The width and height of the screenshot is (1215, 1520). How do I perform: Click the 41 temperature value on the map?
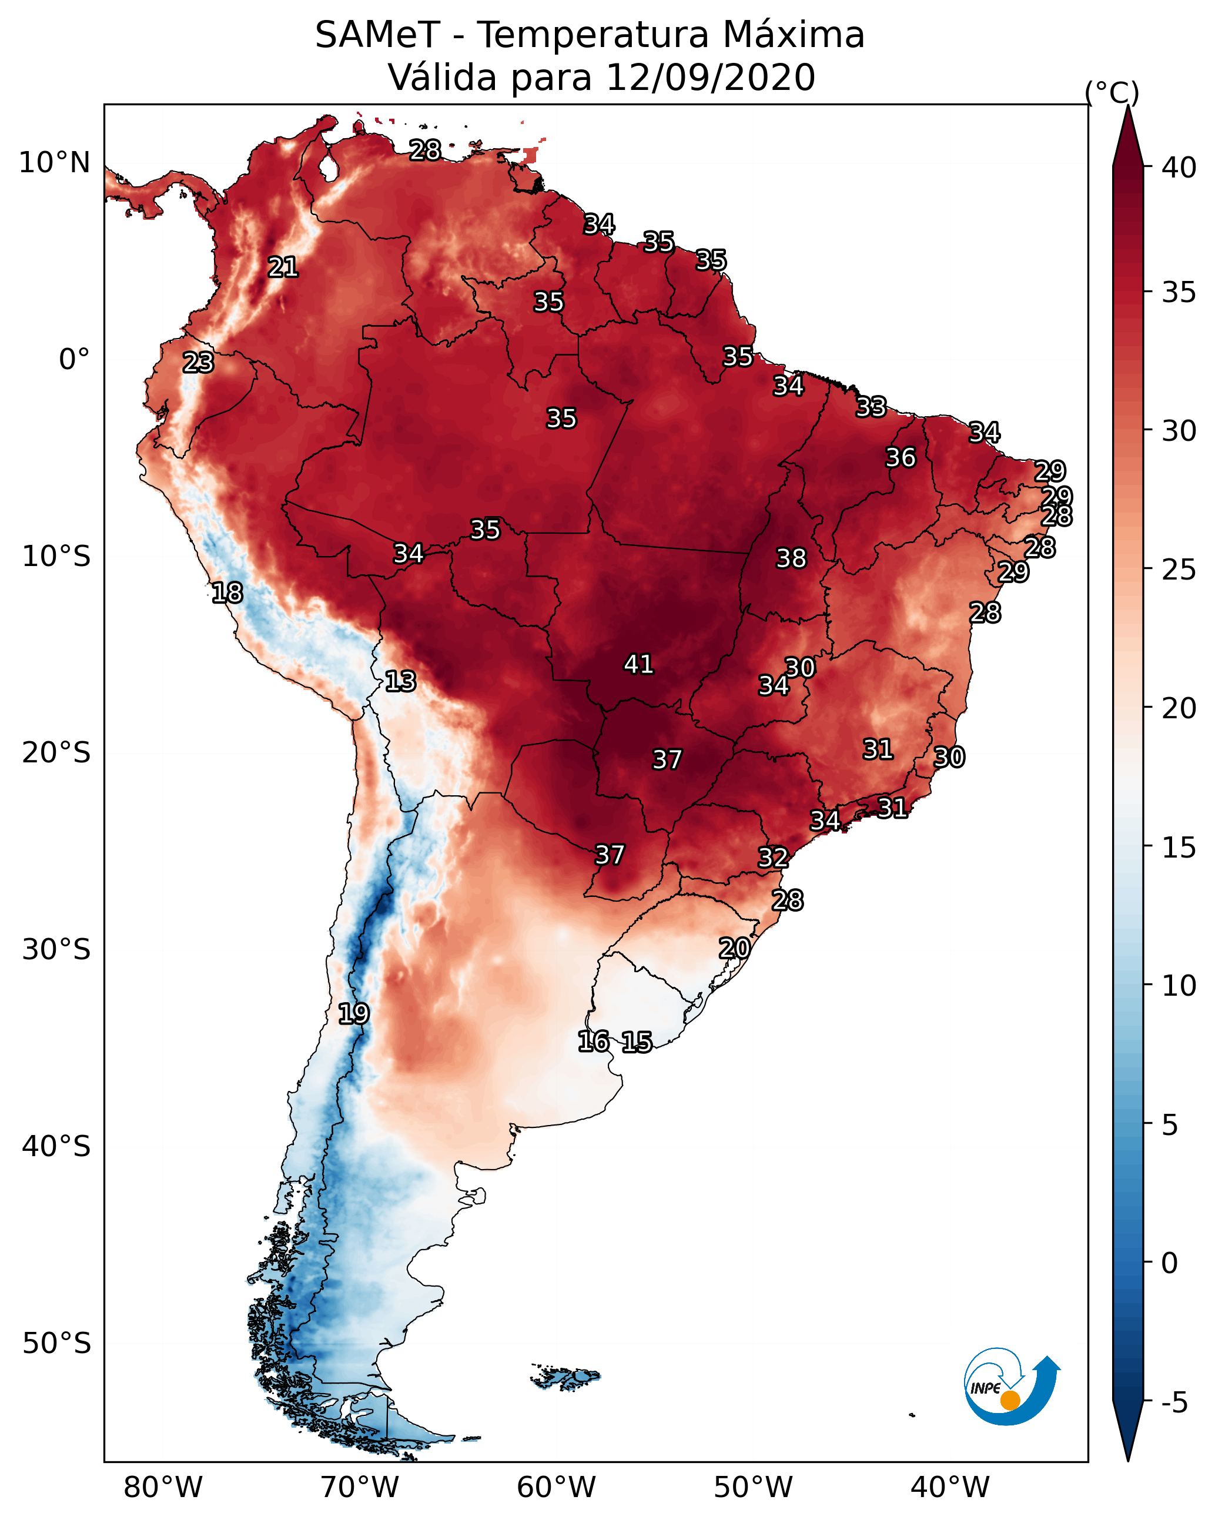click(638, 664)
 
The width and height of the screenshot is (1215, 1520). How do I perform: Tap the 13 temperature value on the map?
click(400, 681)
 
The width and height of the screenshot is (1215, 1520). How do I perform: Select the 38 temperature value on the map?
click(791, 558)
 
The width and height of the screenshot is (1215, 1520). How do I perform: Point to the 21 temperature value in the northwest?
click(283, 267)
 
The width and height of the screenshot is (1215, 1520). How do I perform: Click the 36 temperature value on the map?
click(901, 457)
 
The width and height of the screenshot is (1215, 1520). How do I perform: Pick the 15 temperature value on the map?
click(637, 1042)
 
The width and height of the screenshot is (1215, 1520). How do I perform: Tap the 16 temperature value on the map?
click(593, 1042)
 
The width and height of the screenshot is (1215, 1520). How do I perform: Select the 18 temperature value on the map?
click(227, 593)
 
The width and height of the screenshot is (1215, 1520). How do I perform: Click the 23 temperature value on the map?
click(198, 363)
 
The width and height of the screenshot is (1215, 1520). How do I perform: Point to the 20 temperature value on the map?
click(734, 948)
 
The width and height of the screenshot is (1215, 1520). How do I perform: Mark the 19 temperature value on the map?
click(353, 1014)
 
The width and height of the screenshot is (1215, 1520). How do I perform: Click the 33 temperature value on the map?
click(871, 407)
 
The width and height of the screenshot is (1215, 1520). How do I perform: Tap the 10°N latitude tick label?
click(54, 163)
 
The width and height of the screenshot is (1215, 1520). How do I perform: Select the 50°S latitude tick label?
click(56, 1344)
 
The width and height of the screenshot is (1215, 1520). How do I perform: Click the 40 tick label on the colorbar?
click(1179, 168)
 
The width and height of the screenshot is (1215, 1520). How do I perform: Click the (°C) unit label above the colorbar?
click(1112, 92)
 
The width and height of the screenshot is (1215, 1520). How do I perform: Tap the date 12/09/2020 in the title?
click(710, 78)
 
